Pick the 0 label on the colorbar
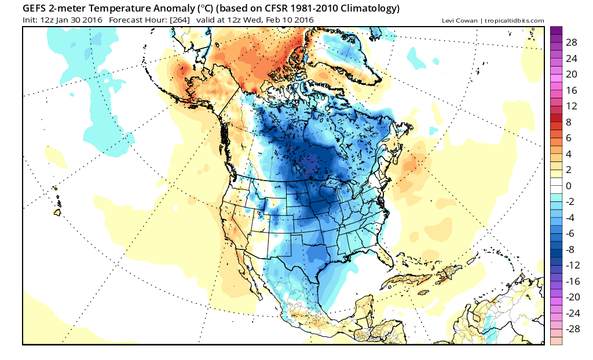point(569,186)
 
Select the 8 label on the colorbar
point(569,122)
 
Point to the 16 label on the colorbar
point(572,91)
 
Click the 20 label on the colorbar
point(572,75)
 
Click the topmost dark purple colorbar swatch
point(556,31)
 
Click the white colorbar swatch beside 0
point(556,186)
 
